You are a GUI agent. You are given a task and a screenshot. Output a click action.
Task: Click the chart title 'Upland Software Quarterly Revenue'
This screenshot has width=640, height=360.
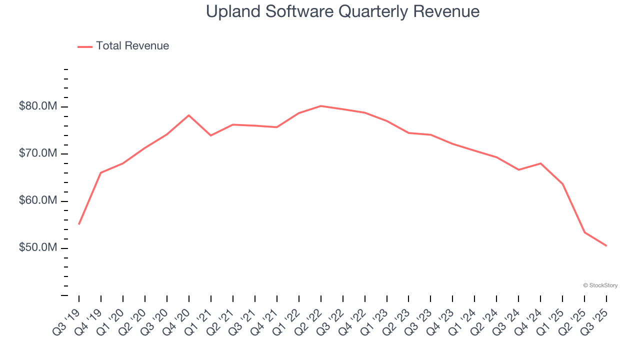click(x=342, y=11)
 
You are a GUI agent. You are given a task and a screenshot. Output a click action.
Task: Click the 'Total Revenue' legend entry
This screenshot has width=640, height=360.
click(x=132, y=46)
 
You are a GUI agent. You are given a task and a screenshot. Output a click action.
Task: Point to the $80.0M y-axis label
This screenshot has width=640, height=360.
click(x=37, y=106)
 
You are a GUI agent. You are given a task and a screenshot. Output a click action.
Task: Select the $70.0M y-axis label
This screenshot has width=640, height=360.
click(x=37, y=153)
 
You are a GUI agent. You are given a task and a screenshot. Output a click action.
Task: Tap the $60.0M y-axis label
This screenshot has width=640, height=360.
click(x=37, y=201)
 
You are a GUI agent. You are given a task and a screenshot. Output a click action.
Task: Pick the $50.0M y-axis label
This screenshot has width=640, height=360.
click(x=37, y=248)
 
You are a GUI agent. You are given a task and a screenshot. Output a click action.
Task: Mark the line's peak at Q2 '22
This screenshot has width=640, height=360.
click(x=320, y=106)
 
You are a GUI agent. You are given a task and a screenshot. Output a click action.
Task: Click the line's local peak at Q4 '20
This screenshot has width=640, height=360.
click(x=188, y=115)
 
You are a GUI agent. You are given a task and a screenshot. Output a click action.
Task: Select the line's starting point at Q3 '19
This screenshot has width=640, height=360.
click(x=79, y=224)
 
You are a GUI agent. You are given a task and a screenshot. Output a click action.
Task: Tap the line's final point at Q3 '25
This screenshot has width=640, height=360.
click(x=606, y=245)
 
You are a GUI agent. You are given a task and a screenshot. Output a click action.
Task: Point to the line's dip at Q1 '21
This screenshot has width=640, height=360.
click(x=210, y=135)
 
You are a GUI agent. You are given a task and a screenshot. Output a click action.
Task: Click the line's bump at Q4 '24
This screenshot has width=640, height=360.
click(x=540, y=163)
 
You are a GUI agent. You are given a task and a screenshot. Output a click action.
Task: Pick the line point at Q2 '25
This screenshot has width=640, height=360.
click(x=584, y=232)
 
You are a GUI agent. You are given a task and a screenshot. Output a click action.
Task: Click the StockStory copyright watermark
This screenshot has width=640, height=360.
click(x=600, y=285)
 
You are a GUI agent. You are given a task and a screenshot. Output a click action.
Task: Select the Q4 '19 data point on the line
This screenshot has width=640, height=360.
click(x=101, y=172)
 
